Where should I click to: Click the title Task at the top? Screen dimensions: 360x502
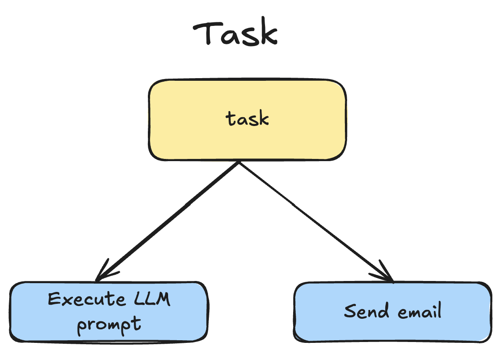[235, 34]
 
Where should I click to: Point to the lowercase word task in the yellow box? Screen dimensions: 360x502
[247, 119]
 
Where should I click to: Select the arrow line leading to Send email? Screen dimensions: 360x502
[314, 220]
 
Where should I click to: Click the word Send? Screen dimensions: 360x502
[367, 311]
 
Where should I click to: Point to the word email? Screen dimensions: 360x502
[420, 311]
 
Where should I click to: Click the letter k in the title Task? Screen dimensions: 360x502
[269, 34]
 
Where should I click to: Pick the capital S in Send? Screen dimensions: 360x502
[349, 311]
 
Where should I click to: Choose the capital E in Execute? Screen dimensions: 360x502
[54, 300]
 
